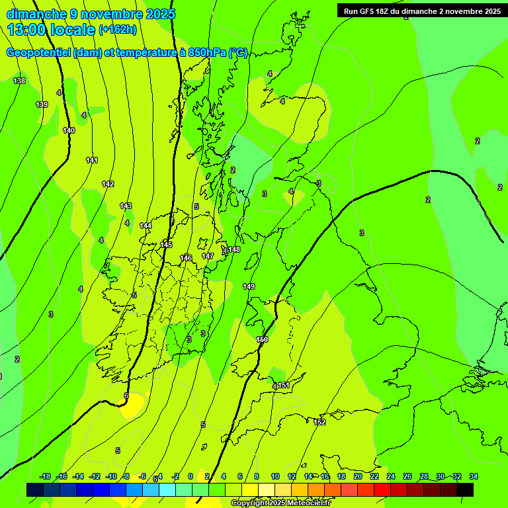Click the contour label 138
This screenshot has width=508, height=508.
(19, 81)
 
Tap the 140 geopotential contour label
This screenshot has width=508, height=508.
(69, 130)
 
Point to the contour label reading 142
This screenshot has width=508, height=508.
(108, 184)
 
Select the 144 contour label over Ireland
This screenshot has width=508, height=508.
(146, 226)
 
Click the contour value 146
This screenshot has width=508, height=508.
(186, 258)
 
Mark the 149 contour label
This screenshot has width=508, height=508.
(249, 286)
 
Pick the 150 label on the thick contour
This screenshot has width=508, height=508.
(262, 339)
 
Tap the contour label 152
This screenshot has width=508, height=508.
(319, 422)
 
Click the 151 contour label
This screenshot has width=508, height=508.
(284, 385)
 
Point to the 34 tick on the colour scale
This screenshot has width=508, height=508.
(474, 476)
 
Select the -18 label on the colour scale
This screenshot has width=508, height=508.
(46, 476)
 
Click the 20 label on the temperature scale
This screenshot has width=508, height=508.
(358, 476)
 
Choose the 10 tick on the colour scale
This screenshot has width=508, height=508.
(275, 476)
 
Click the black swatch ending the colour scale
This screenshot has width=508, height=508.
(465, 489)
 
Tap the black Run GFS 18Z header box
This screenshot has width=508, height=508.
(422, 11)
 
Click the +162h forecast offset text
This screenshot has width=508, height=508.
(118, 29)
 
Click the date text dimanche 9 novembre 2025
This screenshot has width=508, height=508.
(91, 14)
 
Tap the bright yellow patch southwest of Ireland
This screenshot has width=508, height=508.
(132, 405)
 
